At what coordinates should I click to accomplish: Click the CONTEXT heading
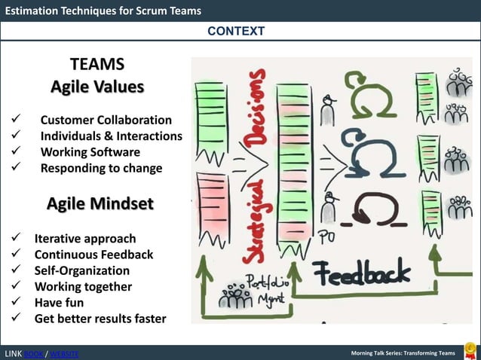236,31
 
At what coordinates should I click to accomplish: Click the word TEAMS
97,64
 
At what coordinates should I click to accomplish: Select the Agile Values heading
97,87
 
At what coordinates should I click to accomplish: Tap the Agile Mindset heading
100,204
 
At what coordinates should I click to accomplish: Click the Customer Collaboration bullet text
106,121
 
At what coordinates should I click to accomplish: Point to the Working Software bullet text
90,152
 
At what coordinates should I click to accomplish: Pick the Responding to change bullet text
101,168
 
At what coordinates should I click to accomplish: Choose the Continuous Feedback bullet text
93,255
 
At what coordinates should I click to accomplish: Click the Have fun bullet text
59,302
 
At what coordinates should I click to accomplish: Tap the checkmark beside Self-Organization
15,270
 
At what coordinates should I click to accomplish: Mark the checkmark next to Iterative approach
15,239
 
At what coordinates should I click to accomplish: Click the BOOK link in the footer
34,354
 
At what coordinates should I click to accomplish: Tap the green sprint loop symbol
370,93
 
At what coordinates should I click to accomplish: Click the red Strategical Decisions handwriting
256,166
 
